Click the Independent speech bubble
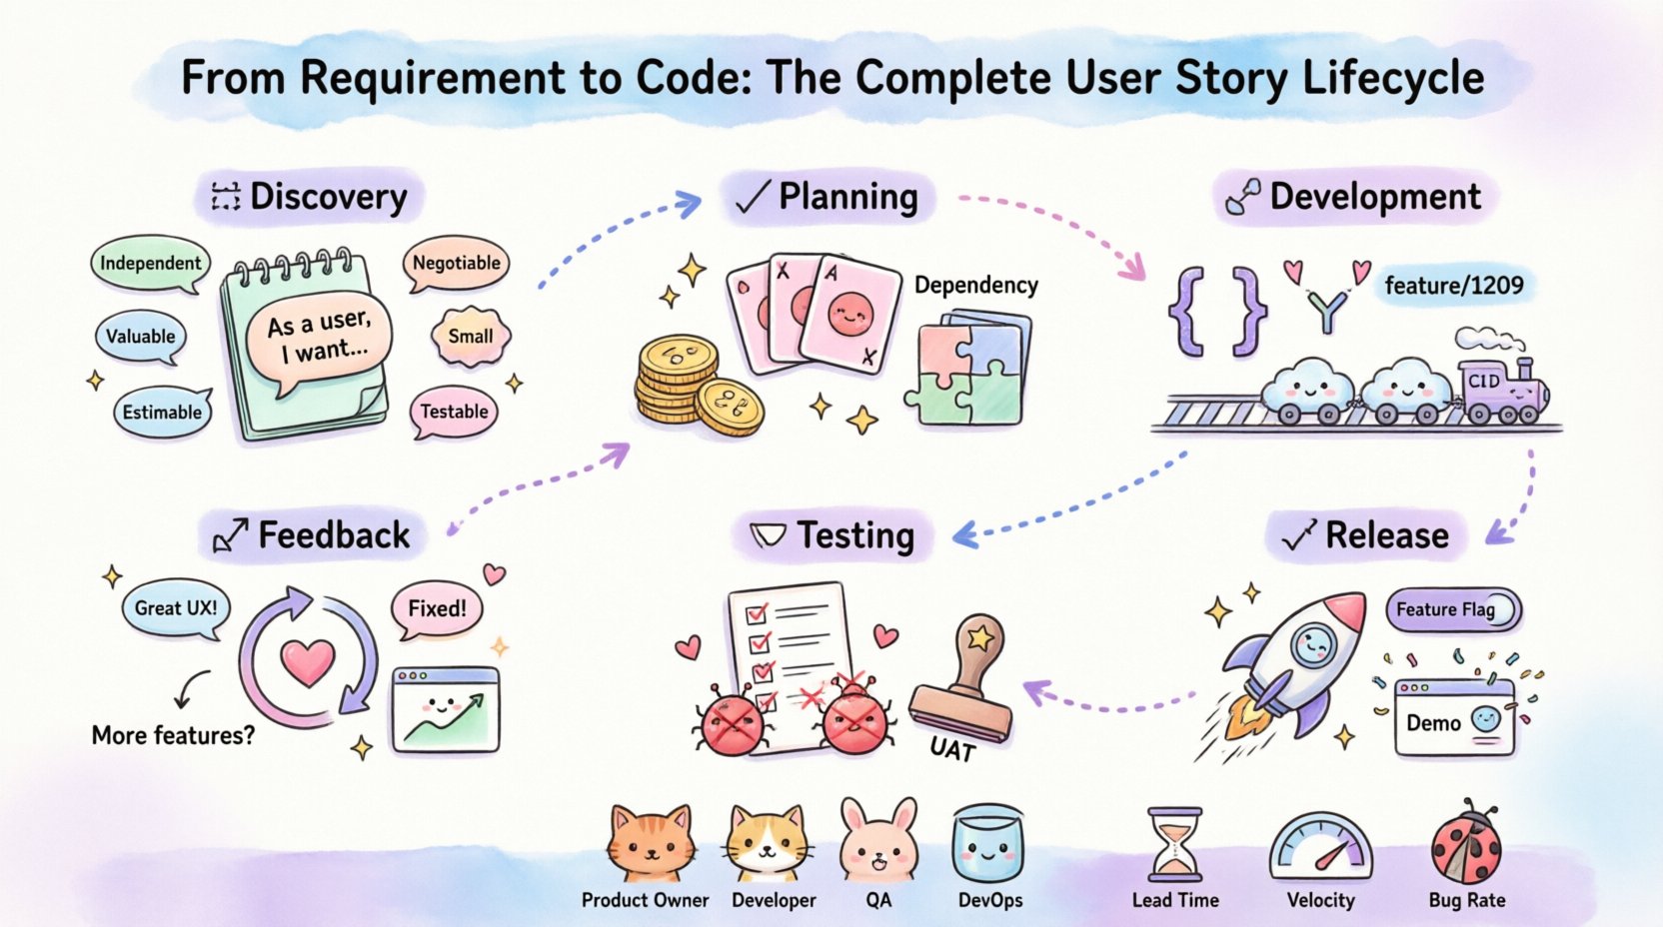point(150,263)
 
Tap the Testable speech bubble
point(454,412)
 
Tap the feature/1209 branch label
point(1453,286)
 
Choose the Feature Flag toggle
point(1452,609)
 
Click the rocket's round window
point(1312,646)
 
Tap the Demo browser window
point(1454,717)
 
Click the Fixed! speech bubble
point(437,608)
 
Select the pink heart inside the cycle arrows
point(308,661)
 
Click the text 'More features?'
point(173,735)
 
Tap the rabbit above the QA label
point(878,840)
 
